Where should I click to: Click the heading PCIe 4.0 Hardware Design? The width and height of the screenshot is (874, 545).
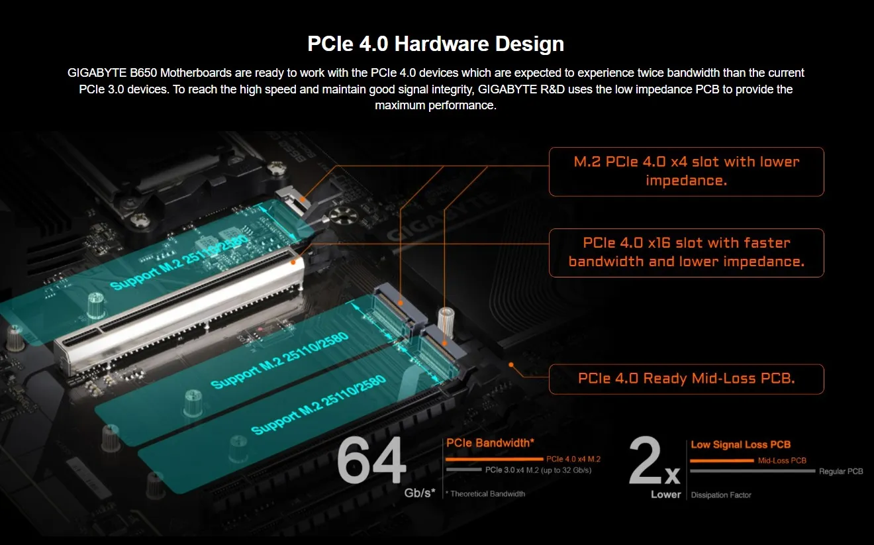tap(436, 44)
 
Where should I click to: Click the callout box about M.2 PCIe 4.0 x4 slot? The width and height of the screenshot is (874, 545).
tap(686, 172)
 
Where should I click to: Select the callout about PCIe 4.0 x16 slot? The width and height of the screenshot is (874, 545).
tap(686, 252)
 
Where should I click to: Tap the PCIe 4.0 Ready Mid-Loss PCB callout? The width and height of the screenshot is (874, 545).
tap(686, 379)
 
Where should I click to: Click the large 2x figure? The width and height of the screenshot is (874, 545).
tap(654, 462)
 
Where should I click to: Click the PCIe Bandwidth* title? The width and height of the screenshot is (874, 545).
tap(490, 443)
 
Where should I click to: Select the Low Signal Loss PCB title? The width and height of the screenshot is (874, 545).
tap(740, 444)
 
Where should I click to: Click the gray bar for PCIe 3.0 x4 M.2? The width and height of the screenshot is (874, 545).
tap(463, 470)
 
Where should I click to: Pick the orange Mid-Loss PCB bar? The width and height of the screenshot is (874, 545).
tap(722, 461)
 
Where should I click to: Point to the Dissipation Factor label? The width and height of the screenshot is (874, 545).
tap(721, 495)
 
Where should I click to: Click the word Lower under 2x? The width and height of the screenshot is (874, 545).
tap(665, 495)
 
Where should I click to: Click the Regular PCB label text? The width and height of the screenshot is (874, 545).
tap(841, 471)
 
